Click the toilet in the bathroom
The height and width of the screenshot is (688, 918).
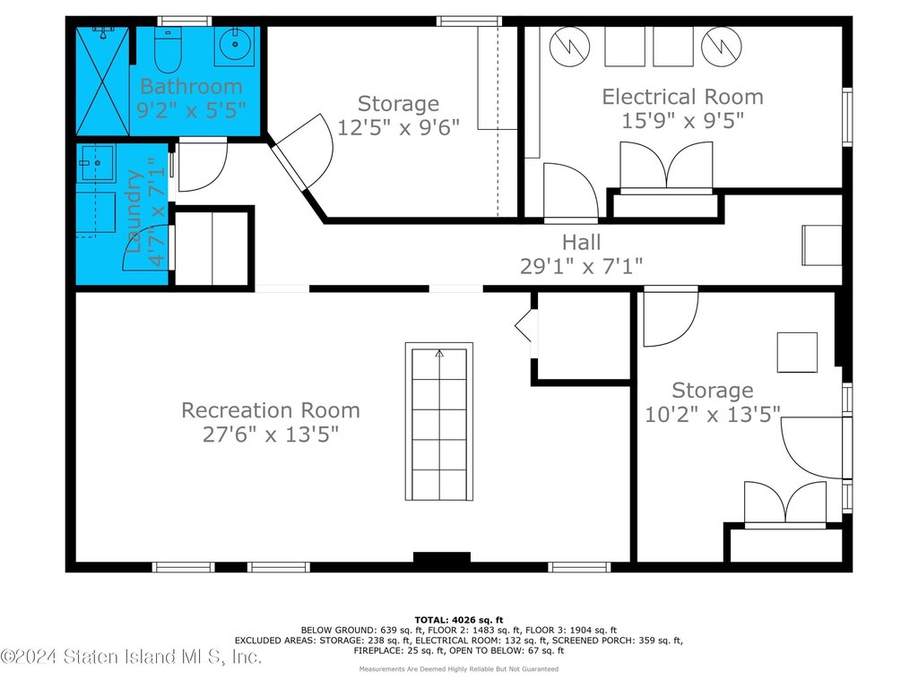coord(169,49)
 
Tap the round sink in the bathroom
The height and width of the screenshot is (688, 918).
coord(236,44)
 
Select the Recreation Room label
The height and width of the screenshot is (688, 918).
coord(271,410)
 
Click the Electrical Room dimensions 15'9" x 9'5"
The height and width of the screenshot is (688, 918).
coord(682,121)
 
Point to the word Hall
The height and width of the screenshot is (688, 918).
coord(581,242)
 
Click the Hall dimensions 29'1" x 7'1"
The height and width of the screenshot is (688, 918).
coord(581,266)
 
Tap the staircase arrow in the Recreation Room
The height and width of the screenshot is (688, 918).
coord(439,353)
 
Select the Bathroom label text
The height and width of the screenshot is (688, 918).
coord(192,87)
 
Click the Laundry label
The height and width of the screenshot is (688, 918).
coord(135,211)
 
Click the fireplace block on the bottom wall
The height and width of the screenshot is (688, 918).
coord(442,557)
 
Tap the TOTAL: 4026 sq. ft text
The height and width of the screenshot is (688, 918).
coord(459,620)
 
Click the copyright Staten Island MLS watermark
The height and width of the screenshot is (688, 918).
coord(131,657)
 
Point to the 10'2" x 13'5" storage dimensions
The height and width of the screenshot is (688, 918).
coord(713,415)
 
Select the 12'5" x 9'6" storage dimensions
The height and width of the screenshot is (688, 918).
coord(399,127)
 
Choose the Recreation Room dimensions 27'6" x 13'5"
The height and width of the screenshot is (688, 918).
coord(271,434)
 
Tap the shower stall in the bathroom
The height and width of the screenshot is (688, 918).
coord(102,81)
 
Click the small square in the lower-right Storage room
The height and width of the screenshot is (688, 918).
coord(797,352)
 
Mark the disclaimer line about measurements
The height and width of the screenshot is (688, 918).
coord(459,668)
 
